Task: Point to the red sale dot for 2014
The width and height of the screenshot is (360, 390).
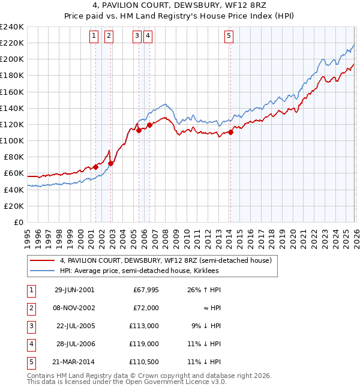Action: [x=230, y=133]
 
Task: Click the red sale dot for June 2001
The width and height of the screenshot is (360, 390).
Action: [x=95, y=167]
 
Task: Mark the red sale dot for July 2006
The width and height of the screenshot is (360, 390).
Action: [x=149, y=125]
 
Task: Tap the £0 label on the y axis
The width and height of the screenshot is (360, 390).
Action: [x=18, y=222]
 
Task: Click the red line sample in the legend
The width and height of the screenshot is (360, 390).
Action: [x=42, y=260]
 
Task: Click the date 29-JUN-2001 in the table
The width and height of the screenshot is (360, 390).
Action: [x=74, y=290]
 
